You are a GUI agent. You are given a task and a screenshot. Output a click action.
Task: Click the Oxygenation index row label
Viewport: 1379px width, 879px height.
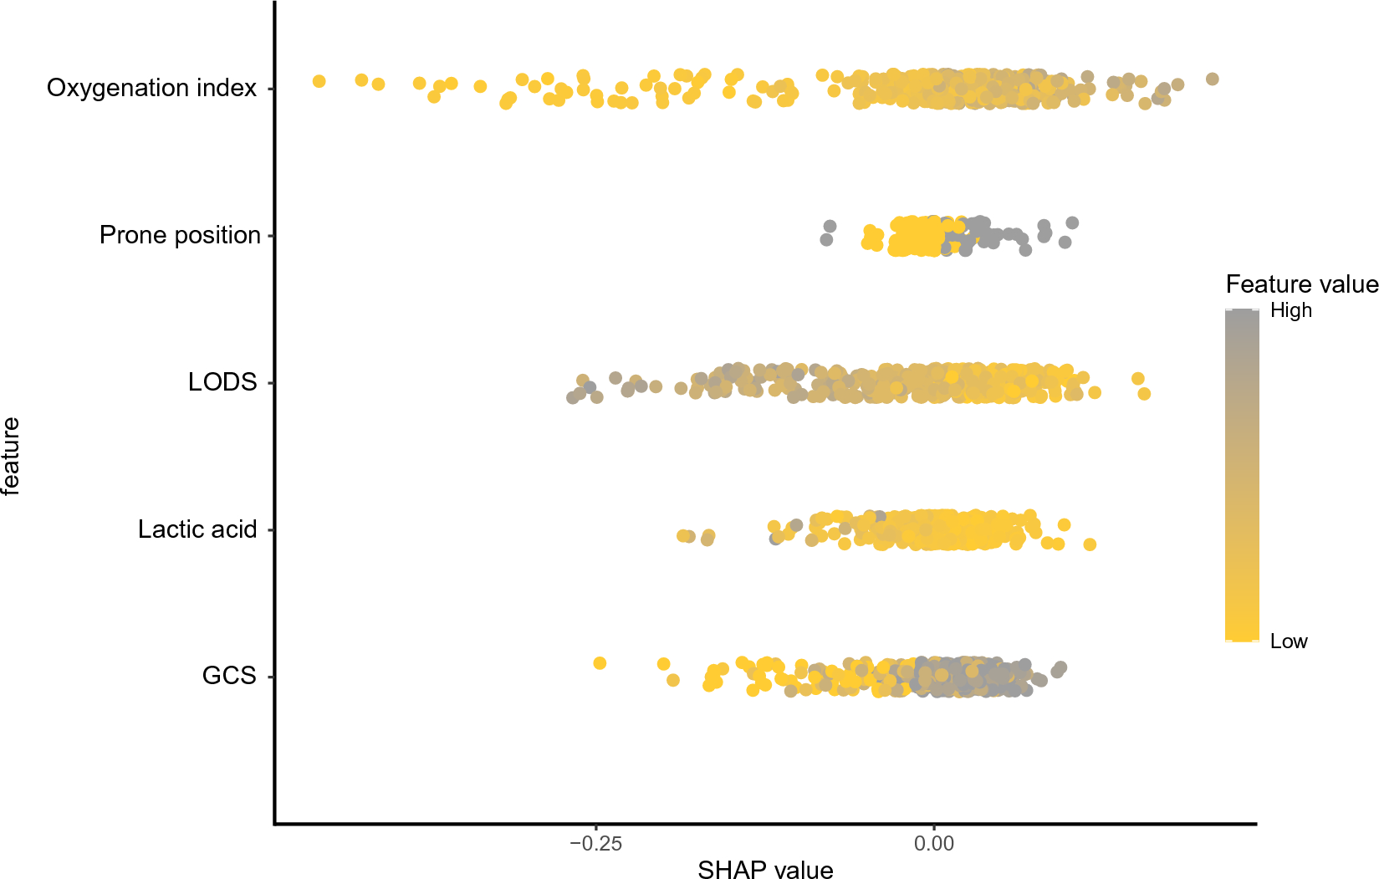click(x=151, y=88)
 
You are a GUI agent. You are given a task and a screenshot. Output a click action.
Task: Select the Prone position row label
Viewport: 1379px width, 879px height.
click(x=180, y=235)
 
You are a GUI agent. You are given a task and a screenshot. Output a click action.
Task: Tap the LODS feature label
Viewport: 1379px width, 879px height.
click(x=222, y=382)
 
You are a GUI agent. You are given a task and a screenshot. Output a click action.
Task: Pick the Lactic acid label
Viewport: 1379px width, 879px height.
click(x=197, y=529)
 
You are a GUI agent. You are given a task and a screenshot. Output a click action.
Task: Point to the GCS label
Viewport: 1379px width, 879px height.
click(x=229, y=676)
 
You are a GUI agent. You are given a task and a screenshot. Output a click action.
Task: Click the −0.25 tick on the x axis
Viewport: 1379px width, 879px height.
click(x=595, y=843)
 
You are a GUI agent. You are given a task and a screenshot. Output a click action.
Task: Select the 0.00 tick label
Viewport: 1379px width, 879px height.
click(x=933, y=843)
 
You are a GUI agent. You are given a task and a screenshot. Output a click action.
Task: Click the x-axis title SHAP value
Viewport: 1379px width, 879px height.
click(x=765, y=870)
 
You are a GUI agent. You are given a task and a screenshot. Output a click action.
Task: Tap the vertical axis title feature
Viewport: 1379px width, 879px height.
click(x=11, y=456)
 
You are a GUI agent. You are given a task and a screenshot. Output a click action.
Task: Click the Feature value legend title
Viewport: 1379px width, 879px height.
click(x=1301, y=284)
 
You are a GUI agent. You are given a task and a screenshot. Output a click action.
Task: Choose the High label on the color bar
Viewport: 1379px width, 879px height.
click(x=1290, y=310)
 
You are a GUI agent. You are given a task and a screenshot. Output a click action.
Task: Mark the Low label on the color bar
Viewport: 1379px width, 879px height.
click(x=1288, y=641)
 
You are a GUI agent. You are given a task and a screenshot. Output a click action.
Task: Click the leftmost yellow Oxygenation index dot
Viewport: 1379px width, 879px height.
click(x=319, y=81)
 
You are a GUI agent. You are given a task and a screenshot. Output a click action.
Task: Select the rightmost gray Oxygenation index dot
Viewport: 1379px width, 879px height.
click(x=1212, y=79)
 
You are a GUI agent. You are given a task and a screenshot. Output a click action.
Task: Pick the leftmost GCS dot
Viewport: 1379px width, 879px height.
click(x=600, y=663)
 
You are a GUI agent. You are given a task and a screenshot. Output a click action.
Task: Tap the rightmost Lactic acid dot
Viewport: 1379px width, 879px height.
click(x=1090, y=544)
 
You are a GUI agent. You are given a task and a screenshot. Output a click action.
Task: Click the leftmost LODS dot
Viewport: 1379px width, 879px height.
click(x=573, y=397)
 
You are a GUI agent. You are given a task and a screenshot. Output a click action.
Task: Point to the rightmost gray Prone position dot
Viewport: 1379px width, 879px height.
click(x=1072, y=222)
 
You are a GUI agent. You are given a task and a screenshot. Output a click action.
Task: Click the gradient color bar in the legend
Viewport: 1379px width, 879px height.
click(x=1242, y=475)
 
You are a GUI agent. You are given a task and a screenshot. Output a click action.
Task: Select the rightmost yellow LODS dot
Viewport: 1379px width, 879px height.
click(x=1144, y=394)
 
